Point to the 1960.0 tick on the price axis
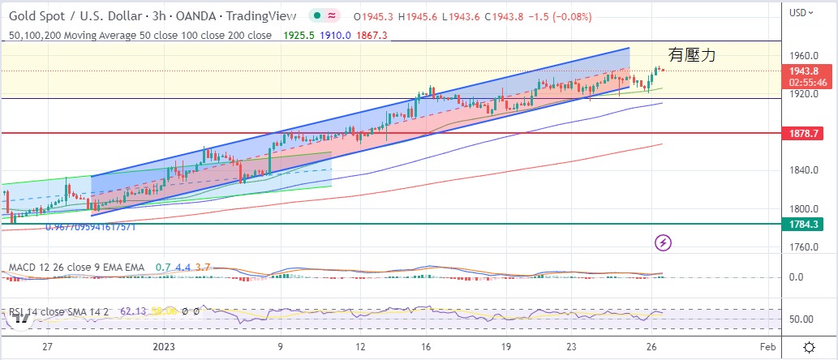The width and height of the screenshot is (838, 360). point(805,56)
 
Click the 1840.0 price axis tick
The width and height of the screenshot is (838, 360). point(805,169)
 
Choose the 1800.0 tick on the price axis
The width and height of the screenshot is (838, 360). point(805,208)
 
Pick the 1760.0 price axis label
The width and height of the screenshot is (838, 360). point(805,246)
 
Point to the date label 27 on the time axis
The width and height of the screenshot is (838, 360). point(48,347)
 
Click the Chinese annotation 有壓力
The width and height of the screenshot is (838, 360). point(692,55)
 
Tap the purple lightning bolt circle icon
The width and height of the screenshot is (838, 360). point(664,242)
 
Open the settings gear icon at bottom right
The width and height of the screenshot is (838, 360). point(809,347)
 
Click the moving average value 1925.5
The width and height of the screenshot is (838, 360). point(298,35)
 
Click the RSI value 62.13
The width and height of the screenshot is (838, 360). point(131,311)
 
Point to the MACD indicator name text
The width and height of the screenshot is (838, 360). point(76,267)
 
